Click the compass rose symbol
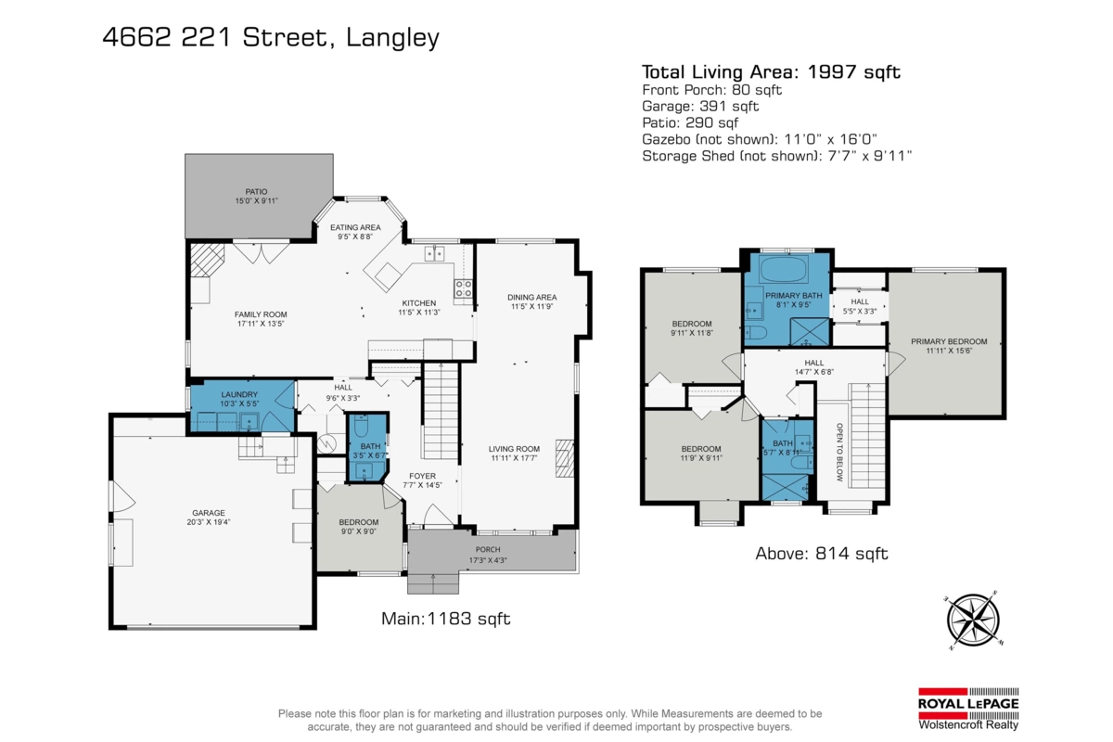click(973, 620)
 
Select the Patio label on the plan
click(256, 197)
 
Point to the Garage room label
click(209, 518)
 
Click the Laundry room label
click(239, 399)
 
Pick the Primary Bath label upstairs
click(794, 301)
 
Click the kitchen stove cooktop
click(463, 288)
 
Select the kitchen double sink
click(434, 253)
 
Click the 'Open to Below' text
click(839, 453)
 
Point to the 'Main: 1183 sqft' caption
click(446, 619)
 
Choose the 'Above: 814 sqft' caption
click(822, 554)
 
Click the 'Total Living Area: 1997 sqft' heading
click(771, 72)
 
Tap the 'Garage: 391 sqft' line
click(700, 107)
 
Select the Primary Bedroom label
click(949, 346)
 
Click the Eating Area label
click(355, 232)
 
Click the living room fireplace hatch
click(565, 458)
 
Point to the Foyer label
click(422, 480)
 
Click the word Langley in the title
click(392, 38)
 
